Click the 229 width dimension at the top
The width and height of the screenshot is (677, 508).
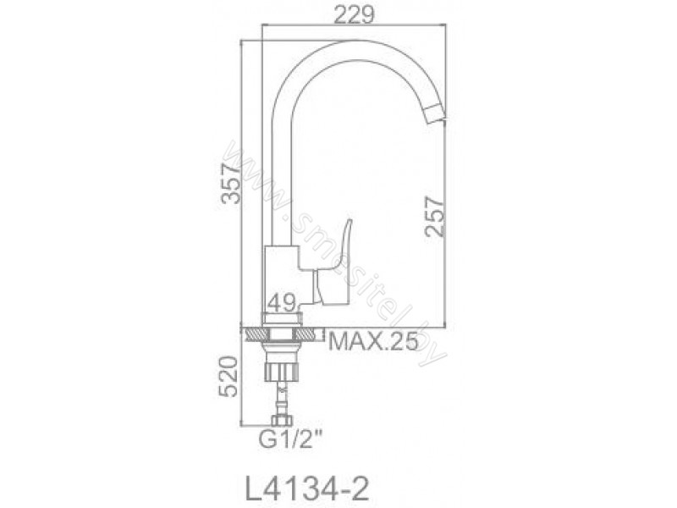coord(355,16)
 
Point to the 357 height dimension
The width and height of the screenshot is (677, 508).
coord(230,184)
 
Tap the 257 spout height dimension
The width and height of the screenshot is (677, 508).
coord(434,216)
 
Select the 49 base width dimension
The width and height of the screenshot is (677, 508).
coord(281,302)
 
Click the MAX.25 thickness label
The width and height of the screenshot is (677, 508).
coord(373,342)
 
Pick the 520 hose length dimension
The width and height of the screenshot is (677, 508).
coord(228,376)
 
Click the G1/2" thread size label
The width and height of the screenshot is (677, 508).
coord(290,440)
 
